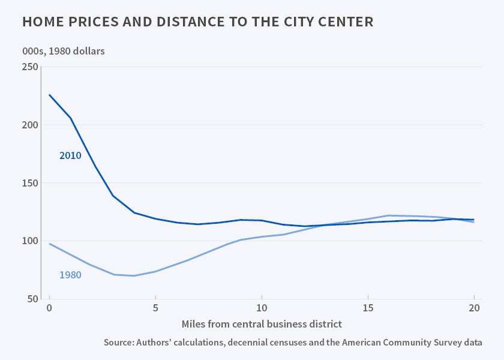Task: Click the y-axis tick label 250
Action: point(29,67)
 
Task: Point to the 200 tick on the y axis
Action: point(29,125)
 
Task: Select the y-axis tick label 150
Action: point(29,183)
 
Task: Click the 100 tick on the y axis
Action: point(29,241)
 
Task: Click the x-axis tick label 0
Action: point(49,310)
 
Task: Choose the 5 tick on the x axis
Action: point(155,310)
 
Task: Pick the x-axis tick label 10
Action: point(262,310)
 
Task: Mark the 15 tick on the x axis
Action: point(368,310)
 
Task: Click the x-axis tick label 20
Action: point(474,310)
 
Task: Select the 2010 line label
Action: point(70,156)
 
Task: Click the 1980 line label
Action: point(70,275)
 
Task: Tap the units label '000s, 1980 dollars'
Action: point(63,51)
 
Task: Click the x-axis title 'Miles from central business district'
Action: point(262,324)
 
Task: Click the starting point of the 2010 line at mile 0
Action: point(49,95)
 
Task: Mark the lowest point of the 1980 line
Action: point(134,275)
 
